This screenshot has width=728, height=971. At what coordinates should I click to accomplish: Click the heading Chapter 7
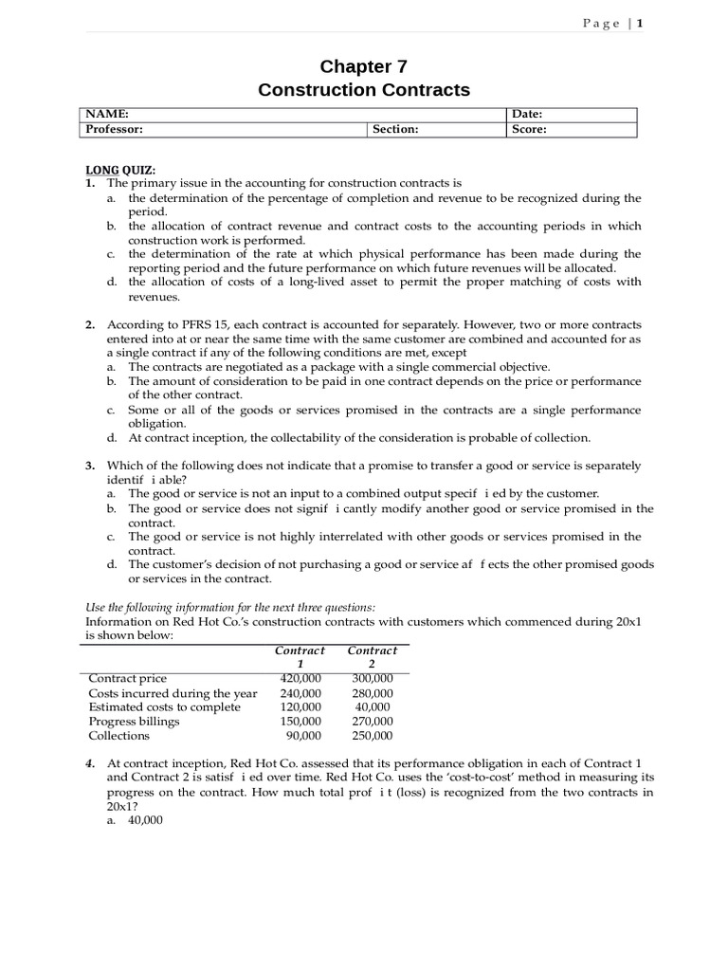click(x=363, y=66)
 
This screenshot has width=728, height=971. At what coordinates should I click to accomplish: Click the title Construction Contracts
click(x=363, y=90)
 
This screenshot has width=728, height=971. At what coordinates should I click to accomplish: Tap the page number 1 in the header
click(x=640, y=24)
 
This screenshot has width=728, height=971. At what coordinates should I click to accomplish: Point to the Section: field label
click(x=395, y=130)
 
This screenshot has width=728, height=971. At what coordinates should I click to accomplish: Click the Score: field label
click(x=529, y=130)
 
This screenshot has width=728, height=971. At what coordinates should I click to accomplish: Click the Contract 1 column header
click(x=300, y=657)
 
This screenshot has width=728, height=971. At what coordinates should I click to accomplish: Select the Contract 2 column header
click(x=372, y=657)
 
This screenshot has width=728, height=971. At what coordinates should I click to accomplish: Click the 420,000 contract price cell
click(x=300, y=678)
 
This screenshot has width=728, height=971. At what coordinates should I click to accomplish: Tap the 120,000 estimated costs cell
click(x=300, y=707)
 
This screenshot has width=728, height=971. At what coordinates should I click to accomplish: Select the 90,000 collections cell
click(x=303, y=736)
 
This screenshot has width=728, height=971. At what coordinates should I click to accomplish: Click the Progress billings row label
click(x=134, y=722)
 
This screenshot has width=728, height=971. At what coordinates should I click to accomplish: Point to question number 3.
click(x=90, y=466)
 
